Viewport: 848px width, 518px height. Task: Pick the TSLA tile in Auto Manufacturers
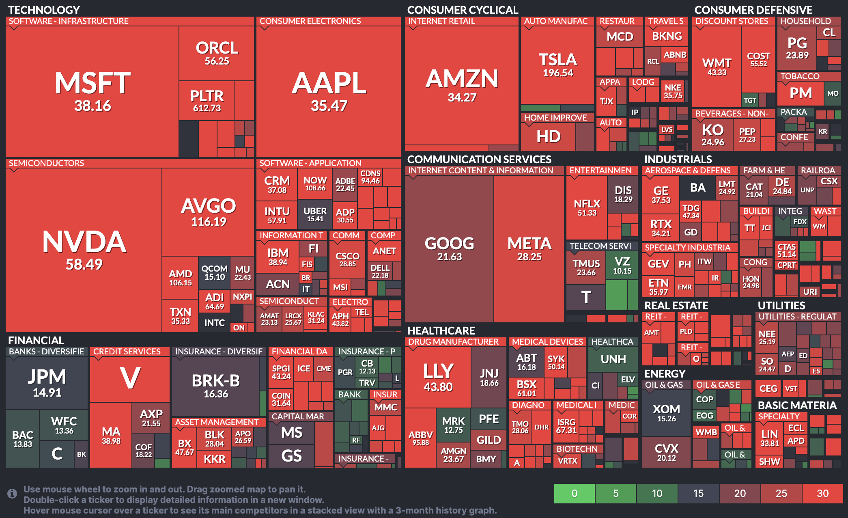(557, 65)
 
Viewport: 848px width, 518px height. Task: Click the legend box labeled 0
(575, 493)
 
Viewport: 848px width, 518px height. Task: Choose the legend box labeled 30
(822, 493)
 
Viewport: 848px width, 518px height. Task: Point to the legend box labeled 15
(698, 493)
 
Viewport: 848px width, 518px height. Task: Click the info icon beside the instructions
(12, 493)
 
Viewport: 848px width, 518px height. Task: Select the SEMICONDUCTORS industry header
(47, 163)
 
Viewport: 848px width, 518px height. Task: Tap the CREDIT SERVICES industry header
(127, 352)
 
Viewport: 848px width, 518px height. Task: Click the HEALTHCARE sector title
(441, 331)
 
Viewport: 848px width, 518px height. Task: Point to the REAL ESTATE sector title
(676, 306)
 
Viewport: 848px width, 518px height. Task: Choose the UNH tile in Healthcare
(613, 359)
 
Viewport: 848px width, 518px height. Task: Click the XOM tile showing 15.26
(666, 412)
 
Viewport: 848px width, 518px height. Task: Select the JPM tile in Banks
(47, 382)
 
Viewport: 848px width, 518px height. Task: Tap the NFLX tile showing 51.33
(587, 207)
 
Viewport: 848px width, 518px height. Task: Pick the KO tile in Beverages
(712, 134)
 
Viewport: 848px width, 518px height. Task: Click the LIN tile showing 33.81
(769, 438)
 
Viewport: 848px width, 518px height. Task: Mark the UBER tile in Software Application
(315, 214)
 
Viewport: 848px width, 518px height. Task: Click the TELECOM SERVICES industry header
(600, 246)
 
